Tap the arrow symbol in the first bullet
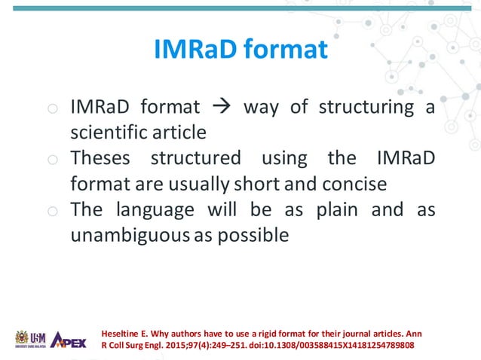click(222, 106)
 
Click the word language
click(153, 209)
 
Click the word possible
click(253, 235)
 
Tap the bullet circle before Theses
click(51, 160)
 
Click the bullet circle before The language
click(51, 211)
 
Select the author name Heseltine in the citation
click(122, 332)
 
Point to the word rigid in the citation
click(275, 332)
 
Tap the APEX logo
click(69, 339)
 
